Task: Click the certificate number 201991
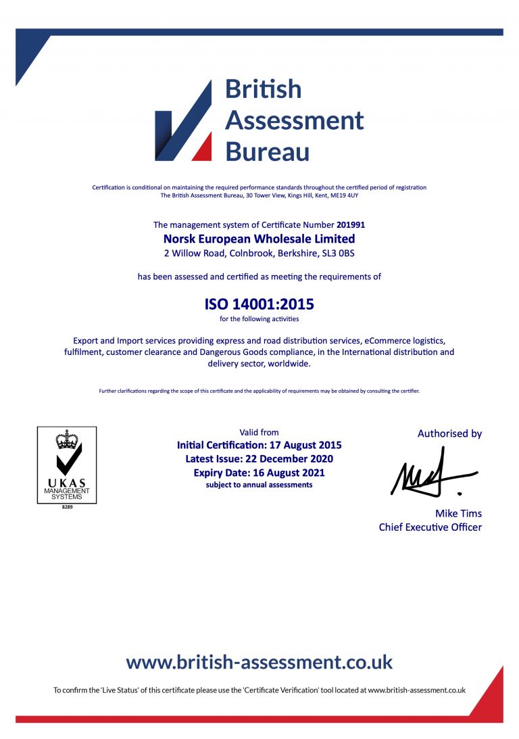pos(350,224)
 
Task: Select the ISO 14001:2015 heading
pos(259,304)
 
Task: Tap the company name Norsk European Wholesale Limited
pos(259,239)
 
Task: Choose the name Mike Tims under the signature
pos(458,513)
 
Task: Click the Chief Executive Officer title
pos(430,527)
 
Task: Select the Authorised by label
pos(449,433)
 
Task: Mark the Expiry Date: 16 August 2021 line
pos(259,473)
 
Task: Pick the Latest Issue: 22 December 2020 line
pos(259,459)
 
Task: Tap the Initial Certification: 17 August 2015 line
pos(259,445)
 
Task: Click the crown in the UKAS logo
pos(66,439)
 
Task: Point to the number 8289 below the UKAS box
pos(66,506)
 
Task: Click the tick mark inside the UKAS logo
pos(68,460)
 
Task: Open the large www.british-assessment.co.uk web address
pos(259,661)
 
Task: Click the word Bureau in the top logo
pos(267,151)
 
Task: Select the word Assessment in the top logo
pos(294,120)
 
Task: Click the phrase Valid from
pos(259,432)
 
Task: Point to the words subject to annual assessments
pos(259,485)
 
